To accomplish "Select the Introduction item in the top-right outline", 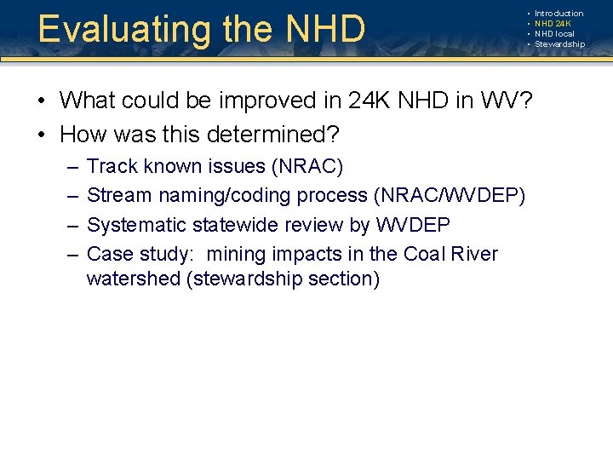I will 559,14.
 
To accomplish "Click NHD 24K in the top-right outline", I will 553,24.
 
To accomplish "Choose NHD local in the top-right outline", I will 554,34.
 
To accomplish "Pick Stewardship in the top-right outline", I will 559,44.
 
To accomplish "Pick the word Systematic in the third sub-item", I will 137,226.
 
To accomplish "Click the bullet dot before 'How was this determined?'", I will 42,135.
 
